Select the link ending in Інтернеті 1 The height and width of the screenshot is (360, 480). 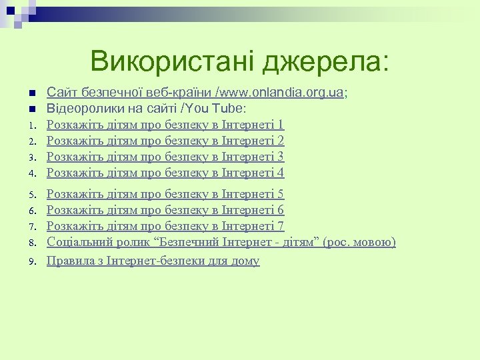click(165, 125)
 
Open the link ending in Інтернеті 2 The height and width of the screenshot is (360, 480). click(165, 141)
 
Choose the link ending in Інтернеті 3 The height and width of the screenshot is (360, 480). click(165, 157)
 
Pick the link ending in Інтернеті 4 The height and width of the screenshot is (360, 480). click(165, 173)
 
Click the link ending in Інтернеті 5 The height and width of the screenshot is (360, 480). click(165, 195)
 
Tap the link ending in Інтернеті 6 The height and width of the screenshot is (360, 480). click(165, 211)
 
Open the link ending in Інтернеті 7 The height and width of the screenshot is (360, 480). click(165, 227)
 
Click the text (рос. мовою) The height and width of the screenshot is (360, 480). click(359, 243)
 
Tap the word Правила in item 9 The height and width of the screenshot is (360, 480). click(70, 261)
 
